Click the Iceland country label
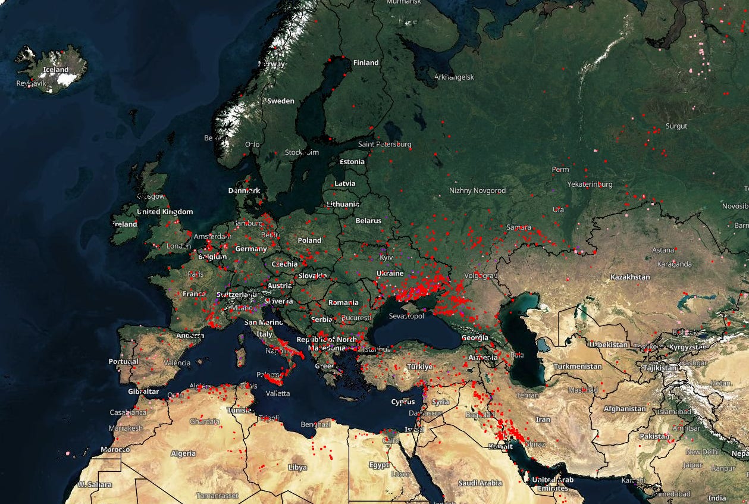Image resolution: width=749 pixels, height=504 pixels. click(x=57, y=70)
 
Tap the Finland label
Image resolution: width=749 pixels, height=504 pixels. click(x=366, y=62)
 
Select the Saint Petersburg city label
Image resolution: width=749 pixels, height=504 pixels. click(x=384, y=144)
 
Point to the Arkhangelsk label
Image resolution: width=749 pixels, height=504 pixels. click(x=454, y=77)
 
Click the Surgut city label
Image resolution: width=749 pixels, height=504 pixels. click(x=676, y=126)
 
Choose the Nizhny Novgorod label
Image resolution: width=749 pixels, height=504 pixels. click(x=477, y=190)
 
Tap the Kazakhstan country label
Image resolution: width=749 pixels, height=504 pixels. click(x=630, y=277)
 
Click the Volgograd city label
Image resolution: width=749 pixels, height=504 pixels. click(x=480, y=276)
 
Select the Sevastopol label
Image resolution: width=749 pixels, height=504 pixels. click(x=406, y=316)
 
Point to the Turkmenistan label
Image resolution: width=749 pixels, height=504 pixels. click(x=578, y=367)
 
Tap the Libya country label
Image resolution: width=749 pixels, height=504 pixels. click(x=297, y=467)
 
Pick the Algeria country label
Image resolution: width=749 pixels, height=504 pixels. click(x=183, y=453)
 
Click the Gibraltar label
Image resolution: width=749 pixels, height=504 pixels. click(x=143, y=392)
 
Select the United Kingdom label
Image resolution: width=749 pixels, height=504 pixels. click(x=165, y=212)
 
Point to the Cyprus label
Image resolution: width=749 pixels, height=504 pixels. click(x=403, y=402)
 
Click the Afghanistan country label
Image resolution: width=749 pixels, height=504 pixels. click(x=625, y=409)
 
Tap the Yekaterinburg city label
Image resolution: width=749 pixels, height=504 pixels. click(x=590, y=184)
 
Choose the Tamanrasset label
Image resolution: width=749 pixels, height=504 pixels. click(x=217, y=495)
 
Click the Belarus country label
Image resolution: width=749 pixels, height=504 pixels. click(x=368, y=221)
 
